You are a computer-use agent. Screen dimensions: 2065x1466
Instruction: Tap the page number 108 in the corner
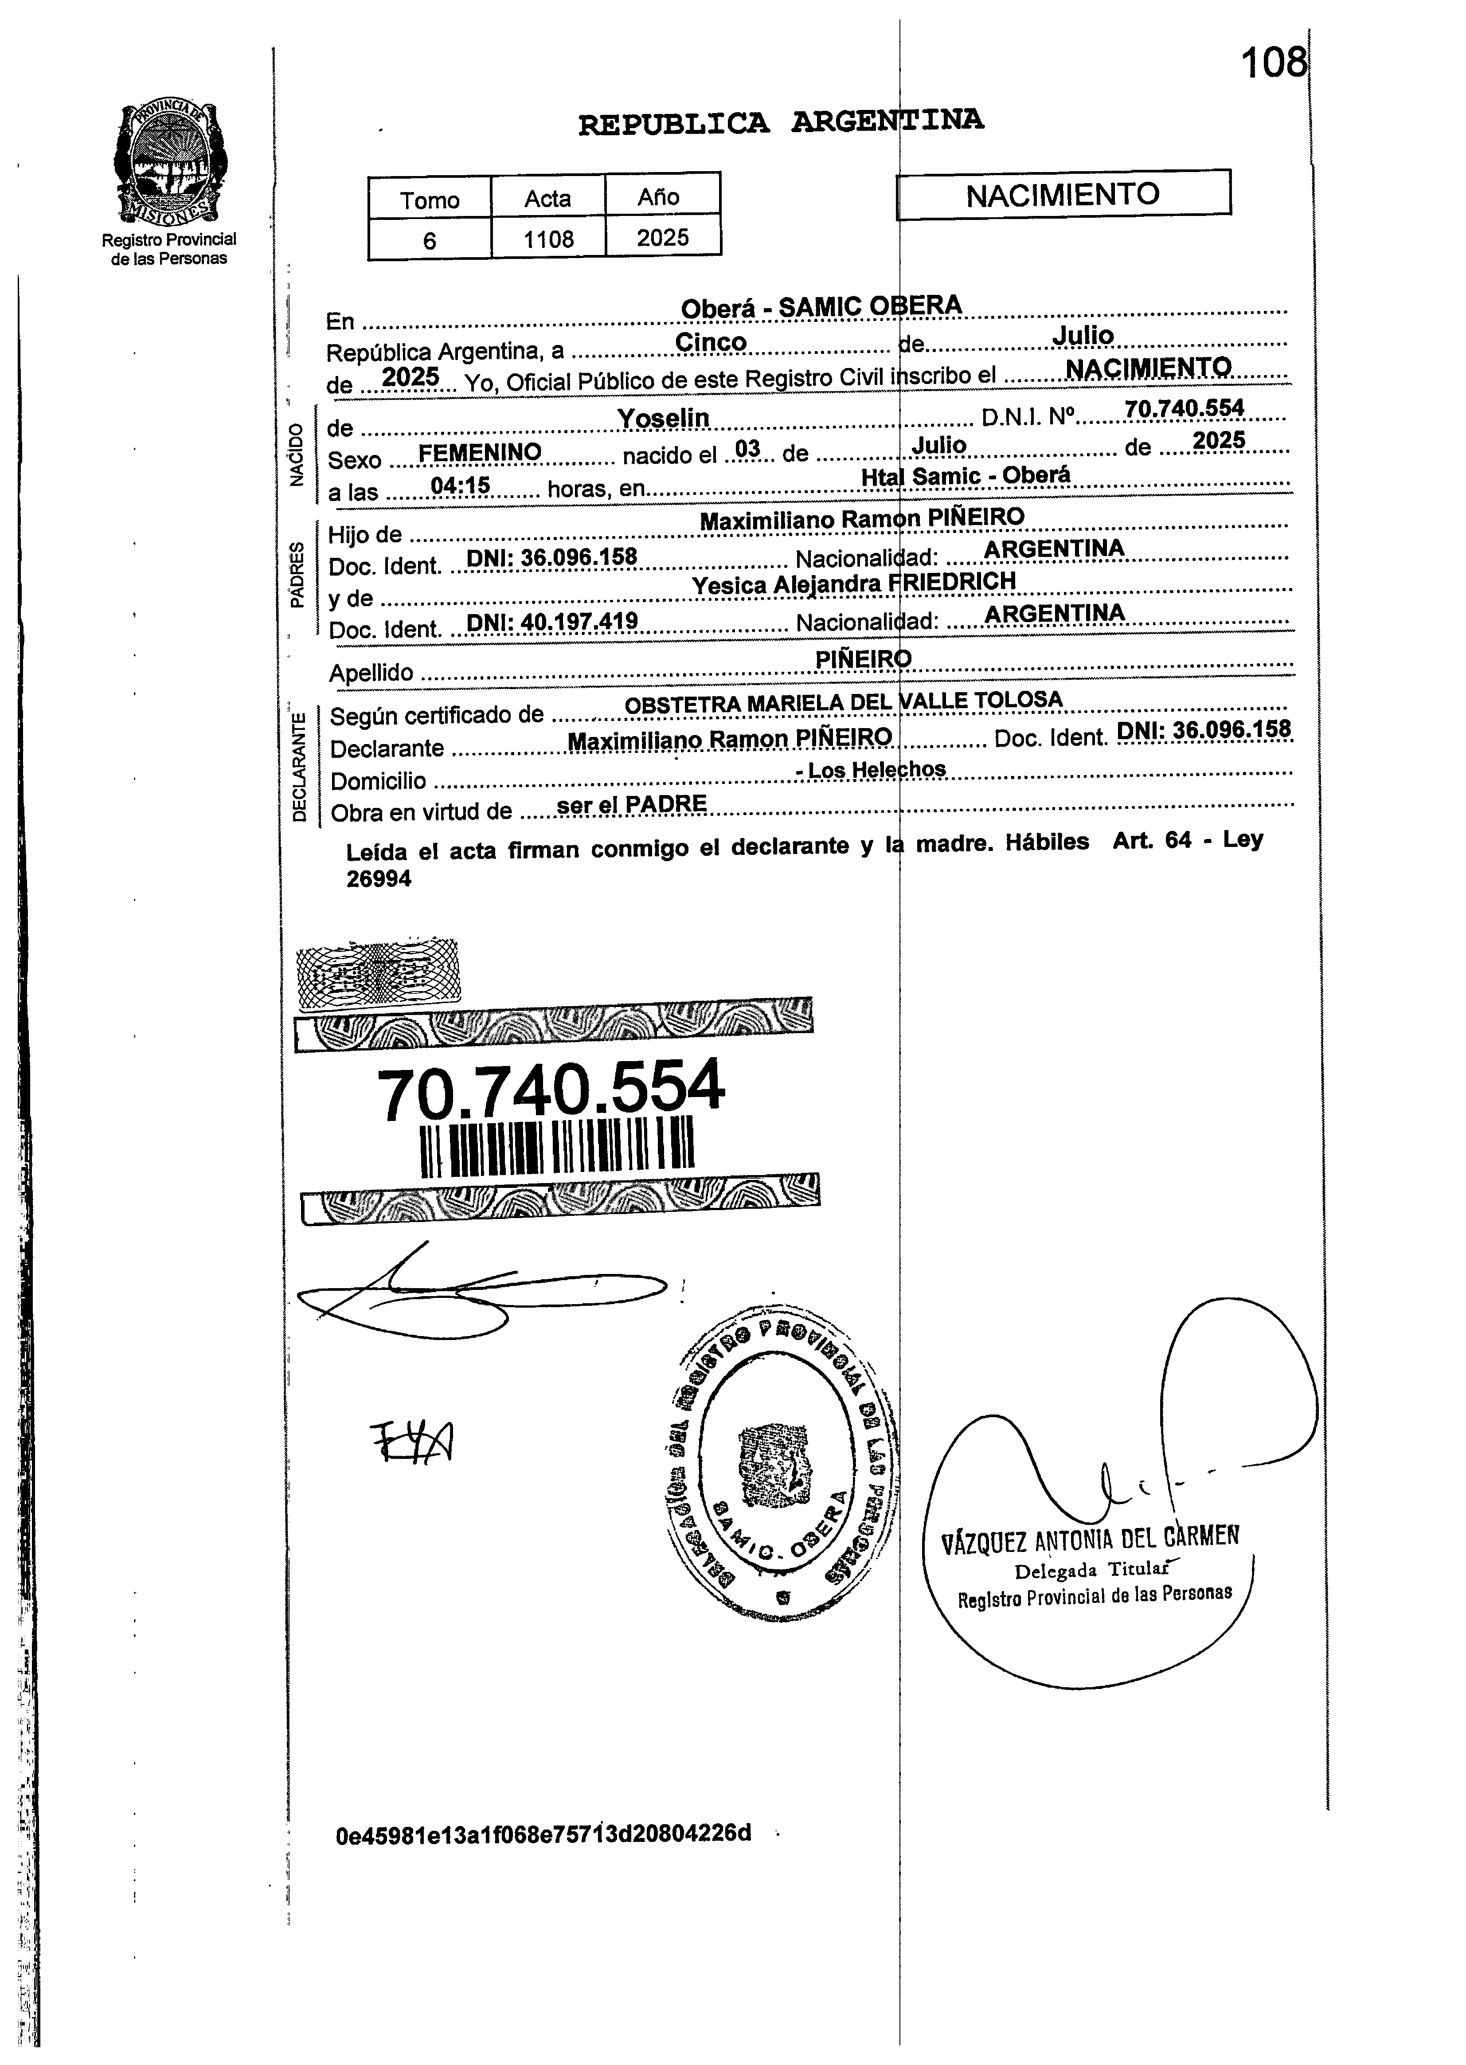1273,63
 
